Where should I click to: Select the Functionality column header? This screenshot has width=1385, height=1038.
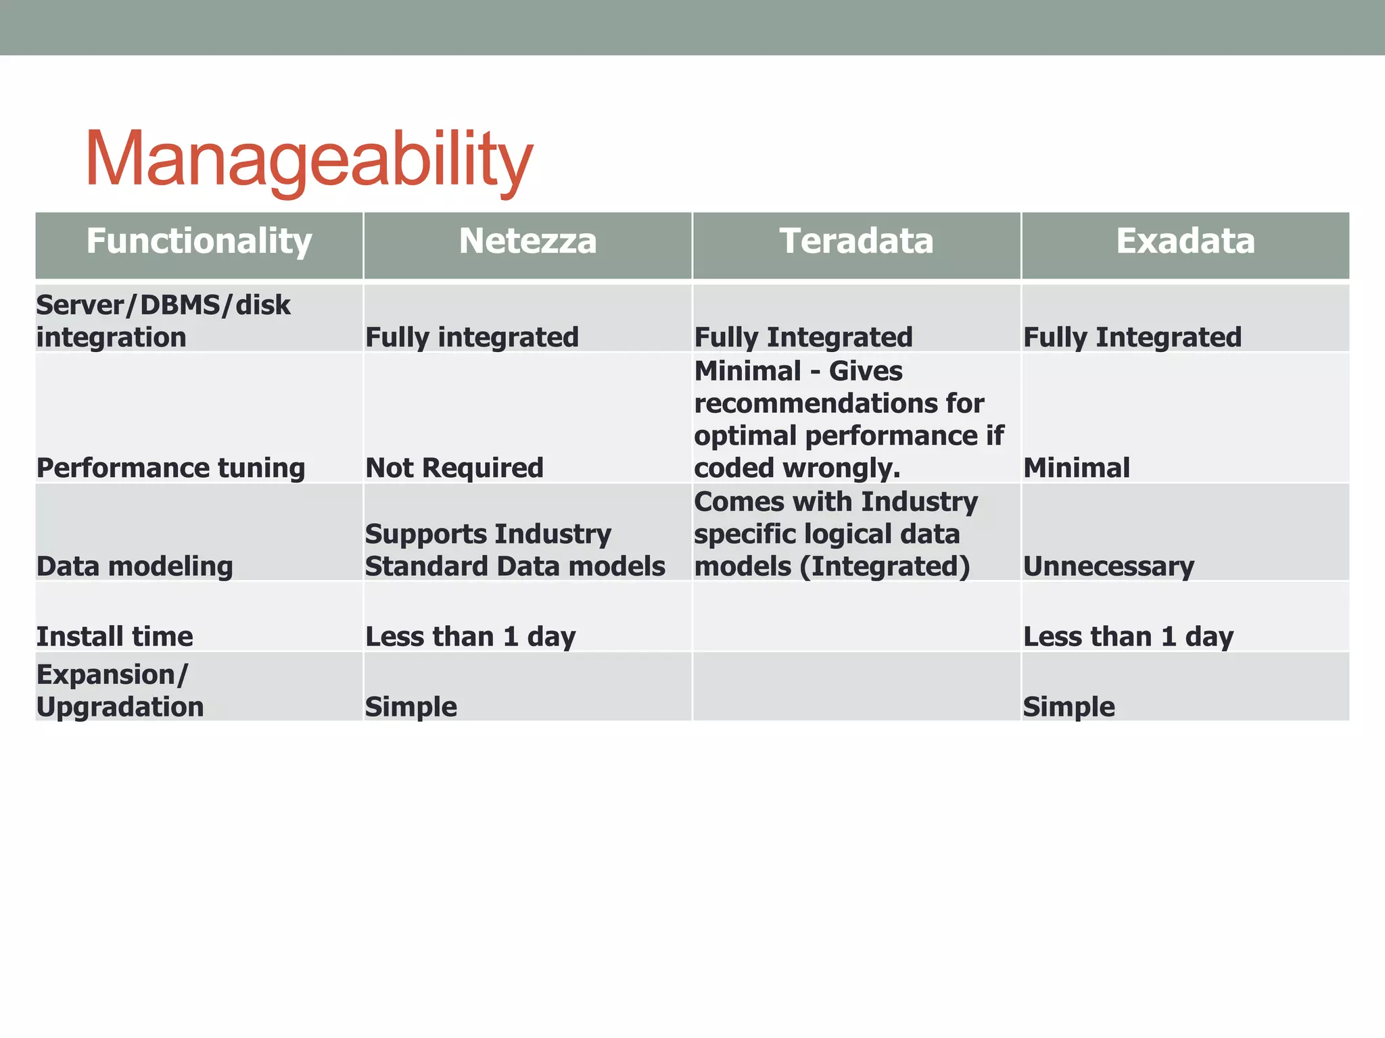(199, 241)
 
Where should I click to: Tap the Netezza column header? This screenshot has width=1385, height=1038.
(527, 241)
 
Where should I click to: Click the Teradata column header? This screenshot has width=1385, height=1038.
(856, 241)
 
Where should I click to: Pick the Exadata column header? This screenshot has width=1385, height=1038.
(1185, 241)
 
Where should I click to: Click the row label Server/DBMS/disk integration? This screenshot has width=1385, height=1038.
(163, 321)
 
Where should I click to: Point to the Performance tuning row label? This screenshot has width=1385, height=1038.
(170, 468)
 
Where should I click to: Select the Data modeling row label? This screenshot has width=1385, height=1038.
(135, 566)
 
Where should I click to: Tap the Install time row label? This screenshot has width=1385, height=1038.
(114, 637)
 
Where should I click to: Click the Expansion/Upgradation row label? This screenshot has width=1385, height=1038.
(120, 691)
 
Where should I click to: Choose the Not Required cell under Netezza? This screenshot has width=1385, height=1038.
(454, 468)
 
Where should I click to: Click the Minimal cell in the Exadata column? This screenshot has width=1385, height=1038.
(1076, 468)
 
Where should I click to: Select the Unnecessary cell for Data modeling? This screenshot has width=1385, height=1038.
(1108, 566)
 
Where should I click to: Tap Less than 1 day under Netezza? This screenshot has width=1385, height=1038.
(470, 637)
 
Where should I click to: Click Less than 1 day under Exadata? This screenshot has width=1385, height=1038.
(1128, 637)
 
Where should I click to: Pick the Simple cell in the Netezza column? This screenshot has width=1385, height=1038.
(411, 707)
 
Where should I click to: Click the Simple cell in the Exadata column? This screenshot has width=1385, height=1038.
(1069, 707)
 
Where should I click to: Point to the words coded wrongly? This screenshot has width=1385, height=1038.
(797, 468)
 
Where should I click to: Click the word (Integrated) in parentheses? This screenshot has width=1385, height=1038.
(885, 566)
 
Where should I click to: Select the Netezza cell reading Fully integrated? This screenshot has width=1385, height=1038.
(471, 337)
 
